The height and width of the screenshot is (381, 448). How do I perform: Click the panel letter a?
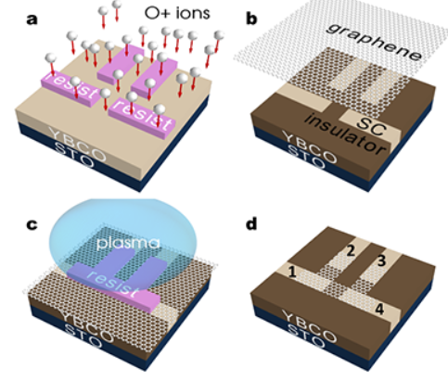pyautogui.click(x=32, y=19)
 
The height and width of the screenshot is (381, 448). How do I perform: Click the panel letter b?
pyautogui.click(x=251, y=19)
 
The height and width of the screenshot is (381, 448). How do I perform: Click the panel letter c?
pyautogui.click(x=32, y=224)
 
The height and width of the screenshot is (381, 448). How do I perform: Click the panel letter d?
pyautogui.click(x=251, y=223)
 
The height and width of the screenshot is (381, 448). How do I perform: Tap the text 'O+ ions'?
pyautogui.click(x=177, y=13)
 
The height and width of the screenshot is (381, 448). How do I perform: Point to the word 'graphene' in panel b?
pyautogui.click(x=375, y=42)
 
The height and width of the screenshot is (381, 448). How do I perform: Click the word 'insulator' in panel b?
pyautogui.click(x=345, y=134)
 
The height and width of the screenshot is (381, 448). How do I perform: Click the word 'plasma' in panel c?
pyautogui.click(x=128, y=243)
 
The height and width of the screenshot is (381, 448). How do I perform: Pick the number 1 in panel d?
pyautogui.click(x=292, y=273)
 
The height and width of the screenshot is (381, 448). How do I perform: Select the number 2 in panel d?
pyautogui.click(x=351, y=250)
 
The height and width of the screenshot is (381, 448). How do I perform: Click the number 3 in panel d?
pyautogui.click(x=381, y=260)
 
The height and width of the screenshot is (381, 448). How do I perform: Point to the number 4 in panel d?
pyautogui.click(x=379, y=309)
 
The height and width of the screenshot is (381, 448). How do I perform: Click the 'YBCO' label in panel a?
pyautogui.click(x=78, y=144)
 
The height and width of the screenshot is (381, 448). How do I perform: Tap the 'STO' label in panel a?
pyautogui.click(x=73, y=155)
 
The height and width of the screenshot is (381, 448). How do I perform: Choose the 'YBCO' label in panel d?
pyautogui.click(x=310, y=326)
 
